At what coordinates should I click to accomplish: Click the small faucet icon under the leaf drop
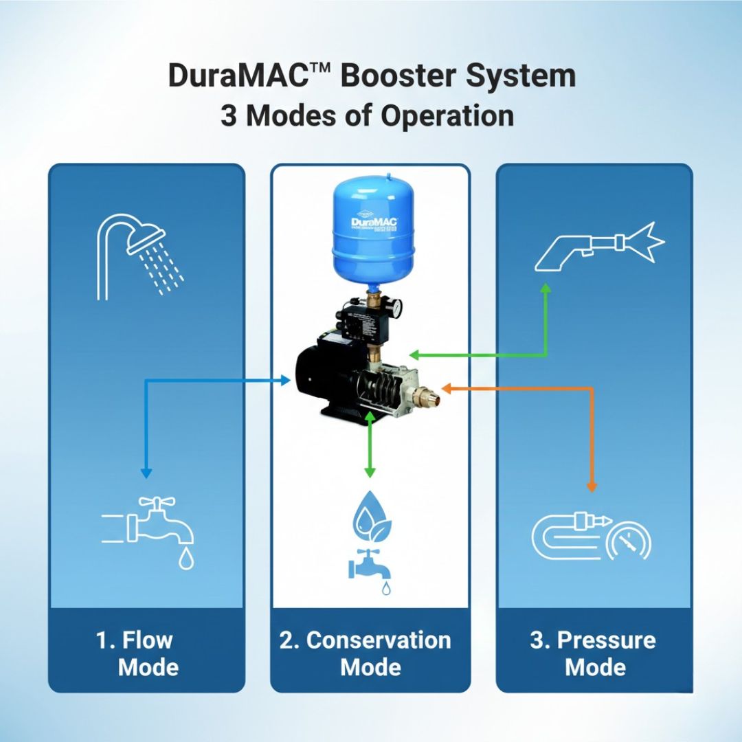pyautogui.click(x=370, y=567)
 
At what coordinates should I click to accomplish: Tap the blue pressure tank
pyautogui.click(x=371, y=227)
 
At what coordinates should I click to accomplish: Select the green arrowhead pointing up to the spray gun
pyautogui.click(x=546, y=289)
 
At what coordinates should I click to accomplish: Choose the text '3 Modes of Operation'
pyautogui.click(x=367, y=115)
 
